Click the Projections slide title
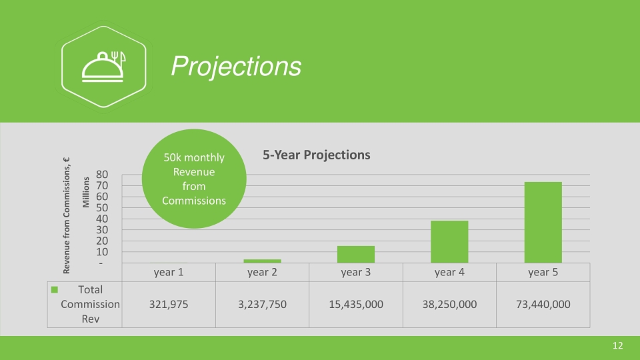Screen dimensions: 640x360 tap(236, 66)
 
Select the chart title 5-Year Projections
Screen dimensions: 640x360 tap(316, 155)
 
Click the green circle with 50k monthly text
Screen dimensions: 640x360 tap(194, 179)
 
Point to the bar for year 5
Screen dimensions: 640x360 tap(543, 223)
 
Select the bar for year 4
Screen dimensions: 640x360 tap(449, 241)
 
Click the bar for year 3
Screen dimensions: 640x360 tap(356, 254)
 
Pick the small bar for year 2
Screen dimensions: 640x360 tap(262, 261)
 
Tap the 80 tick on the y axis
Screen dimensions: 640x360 tap(102, 175)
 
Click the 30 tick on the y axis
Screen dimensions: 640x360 tap(102, 230)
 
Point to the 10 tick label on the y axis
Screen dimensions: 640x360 tap(102, 252)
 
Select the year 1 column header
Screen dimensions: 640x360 tap(169, 272)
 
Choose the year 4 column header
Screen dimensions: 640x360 tap(449, 272)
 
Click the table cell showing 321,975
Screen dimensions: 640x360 tap(169, 305)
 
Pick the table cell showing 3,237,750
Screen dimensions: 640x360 tap(262, 305)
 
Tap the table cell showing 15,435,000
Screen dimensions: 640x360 tap(356, 305)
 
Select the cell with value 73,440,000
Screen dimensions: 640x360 tap(543, 305)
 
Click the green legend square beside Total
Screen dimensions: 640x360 tap(54, 290)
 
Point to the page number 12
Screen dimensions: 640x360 tap(617, 346)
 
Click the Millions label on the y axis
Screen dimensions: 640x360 tap(86, 192)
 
